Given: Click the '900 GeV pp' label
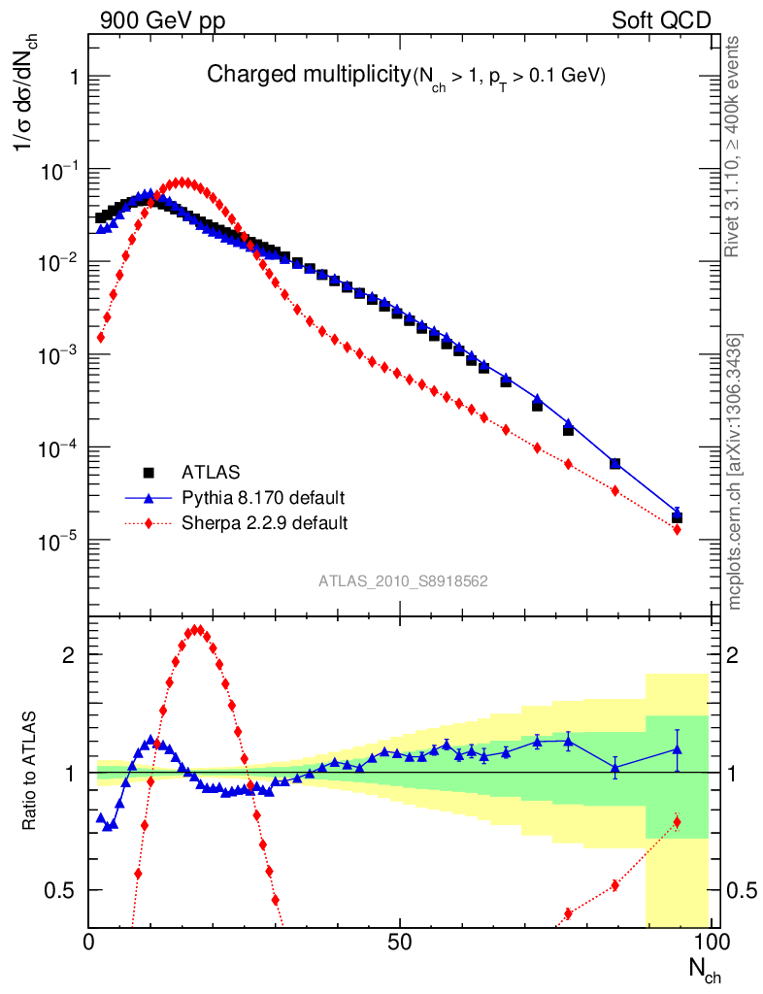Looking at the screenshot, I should [x=156, y=20].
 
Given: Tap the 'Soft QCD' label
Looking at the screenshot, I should [x=661, y=20].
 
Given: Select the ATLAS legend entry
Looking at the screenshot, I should [x=209, y=473].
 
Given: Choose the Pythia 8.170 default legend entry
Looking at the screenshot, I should [x=263, y=498].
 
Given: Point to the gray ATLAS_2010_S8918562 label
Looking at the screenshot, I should [x=403, y=581].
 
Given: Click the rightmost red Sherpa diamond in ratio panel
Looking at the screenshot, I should [x=677, y=822].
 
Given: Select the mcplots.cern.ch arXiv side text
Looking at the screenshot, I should [x=735, y=472].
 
